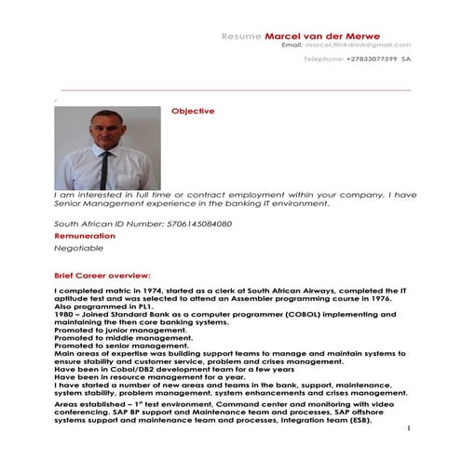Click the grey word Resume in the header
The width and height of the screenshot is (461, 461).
pyautogui.click(x=241, y=35)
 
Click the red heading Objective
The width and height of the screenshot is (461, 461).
pyautogui.click(x=193, y=111)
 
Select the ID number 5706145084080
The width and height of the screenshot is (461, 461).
pyautogui.click(x=198, y=224)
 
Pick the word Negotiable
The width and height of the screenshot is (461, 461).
pyautogui.click(x=79, y=249)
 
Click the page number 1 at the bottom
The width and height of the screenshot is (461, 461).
pyautogui.click(x=409, y=427)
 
